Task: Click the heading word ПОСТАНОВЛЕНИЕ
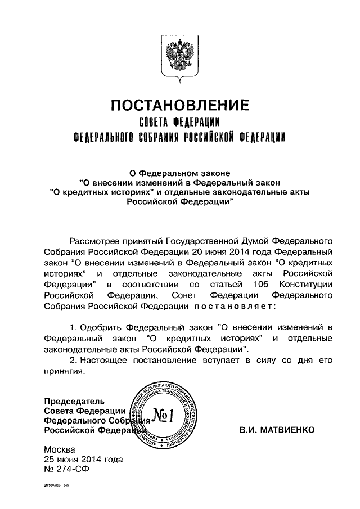click(x=179, y=105)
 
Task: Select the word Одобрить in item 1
click(x=102, y=327)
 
